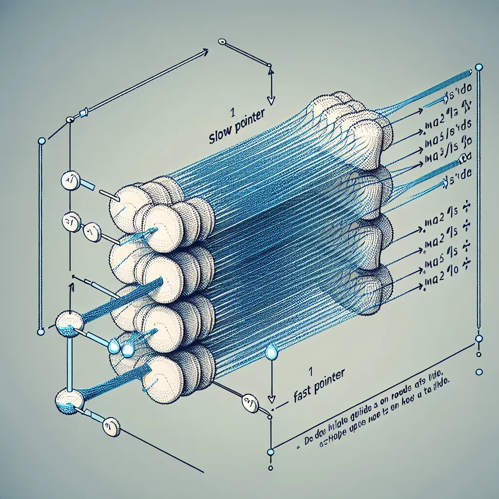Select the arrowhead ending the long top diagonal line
(x=207, y=50)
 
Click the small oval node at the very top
(x=223, y=42)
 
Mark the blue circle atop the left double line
(x=41, y=141)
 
